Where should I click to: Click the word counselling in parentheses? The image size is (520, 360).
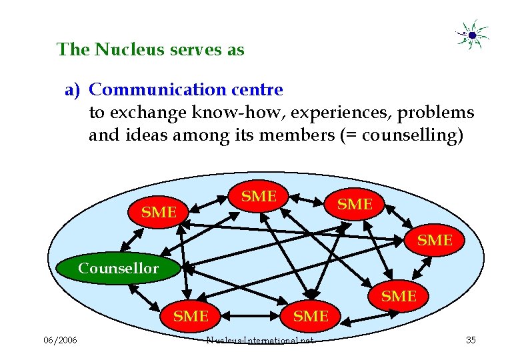click(x=408, y=136)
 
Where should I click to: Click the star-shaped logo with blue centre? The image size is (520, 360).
click(x=471, y=34)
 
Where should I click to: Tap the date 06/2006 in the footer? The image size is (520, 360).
click(x=60, y=341)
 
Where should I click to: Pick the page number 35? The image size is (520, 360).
click(x=471, y=341)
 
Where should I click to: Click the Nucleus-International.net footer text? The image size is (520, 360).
click(x=260, y=341)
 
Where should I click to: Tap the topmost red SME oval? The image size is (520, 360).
click(x=259, y=196)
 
